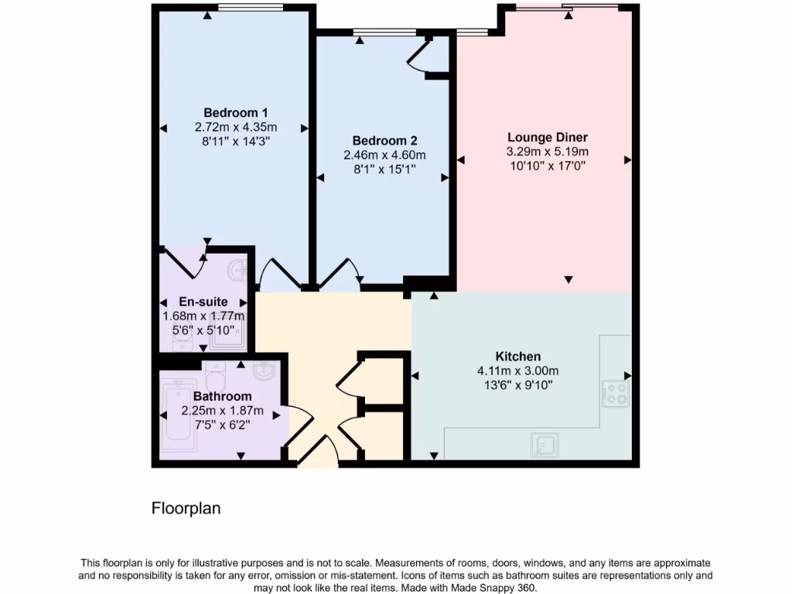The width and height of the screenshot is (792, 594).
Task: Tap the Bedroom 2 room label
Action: click(x=384, y=141)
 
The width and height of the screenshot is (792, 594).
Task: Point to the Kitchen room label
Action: click(x=517, y=357)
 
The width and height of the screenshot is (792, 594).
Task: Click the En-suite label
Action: click(x=203, y=302)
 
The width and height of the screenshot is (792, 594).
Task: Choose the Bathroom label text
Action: click(x=222, y=397)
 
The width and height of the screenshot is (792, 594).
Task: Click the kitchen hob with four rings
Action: click(x=616, y=394)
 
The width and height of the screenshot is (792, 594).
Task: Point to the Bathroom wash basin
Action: click(x=265, y=370)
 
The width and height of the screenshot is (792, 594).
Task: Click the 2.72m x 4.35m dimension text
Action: click(x=236, y=127)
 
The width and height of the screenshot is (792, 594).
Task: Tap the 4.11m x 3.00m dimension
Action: click(x=517, y=370)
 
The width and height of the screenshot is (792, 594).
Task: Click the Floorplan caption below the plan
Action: click(x=186, y=508)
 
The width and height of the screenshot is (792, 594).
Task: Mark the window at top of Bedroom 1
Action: click(x=249, y=8)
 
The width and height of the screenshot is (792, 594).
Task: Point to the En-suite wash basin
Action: click(x=238, y=271)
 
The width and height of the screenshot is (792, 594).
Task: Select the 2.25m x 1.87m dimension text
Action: click(x=222, y=411)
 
